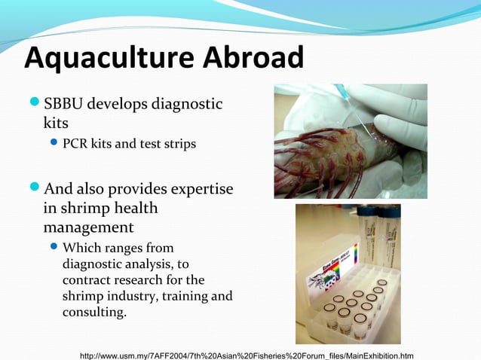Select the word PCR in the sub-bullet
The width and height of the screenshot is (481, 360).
(76, 143)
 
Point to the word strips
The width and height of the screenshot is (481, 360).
(177, 143)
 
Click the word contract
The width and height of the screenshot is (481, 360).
(88, 279)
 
